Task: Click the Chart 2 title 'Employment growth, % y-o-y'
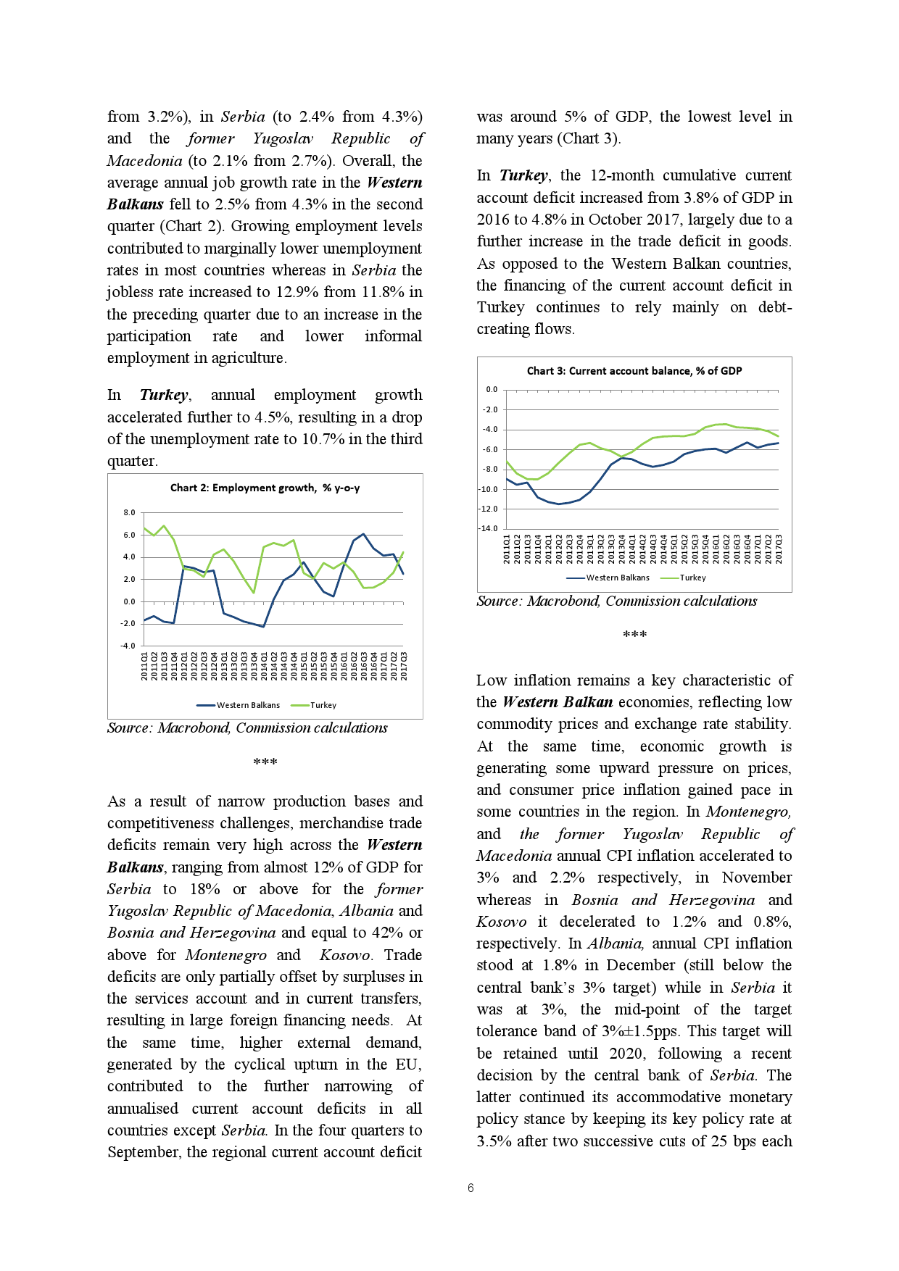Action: tap(265, 488)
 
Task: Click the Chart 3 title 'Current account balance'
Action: tap(634, 371)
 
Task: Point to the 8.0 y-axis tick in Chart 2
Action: tap(129, 513)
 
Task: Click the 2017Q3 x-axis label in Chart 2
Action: tap(404, 666)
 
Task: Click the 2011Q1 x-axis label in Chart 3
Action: tap(507, 549)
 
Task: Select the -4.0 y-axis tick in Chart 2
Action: tap(128, 646)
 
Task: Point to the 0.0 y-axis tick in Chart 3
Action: tap(492, 390)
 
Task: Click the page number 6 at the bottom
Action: tap(471, 1188)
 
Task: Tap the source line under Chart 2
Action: tap(247, 728)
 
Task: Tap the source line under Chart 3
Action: tap(616, 601)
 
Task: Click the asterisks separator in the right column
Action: tap(634, 635)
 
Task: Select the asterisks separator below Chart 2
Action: tap(265, 762)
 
